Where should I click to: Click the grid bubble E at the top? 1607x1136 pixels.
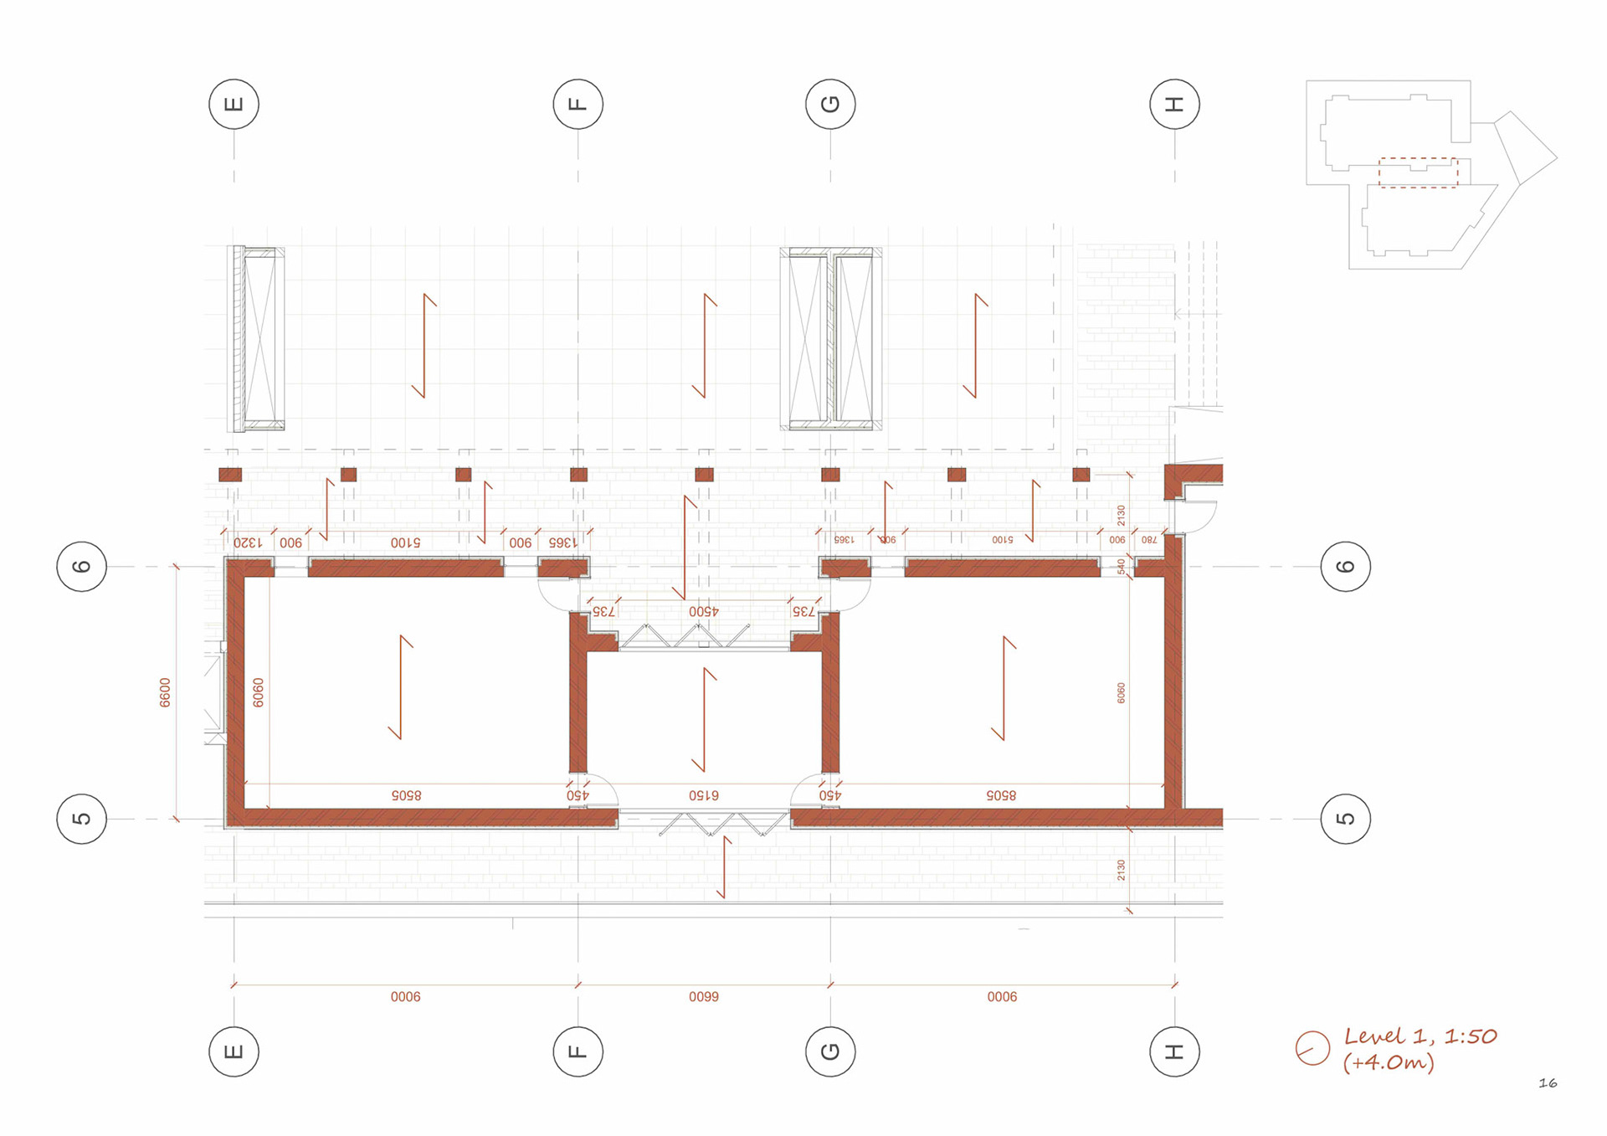point(234,104)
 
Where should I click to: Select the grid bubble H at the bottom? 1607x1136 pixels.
point(1174,1051)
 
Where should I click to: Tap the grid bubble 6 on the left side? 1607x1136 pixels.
point(81,567)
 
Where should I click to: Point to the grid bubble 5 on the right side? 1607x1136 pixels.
point(1345,818)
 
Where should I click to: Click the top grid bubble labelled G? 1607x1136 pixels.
point(830,104)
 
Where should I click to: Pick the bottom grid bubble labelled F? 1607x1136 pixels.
point(578,1051)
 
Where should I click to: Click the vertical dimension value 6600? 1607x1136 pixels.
point(165,692)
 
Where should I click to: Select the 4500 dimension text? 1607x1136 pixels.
point(704,611)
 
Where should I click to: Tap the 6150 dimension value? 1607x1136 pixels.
point(704,794)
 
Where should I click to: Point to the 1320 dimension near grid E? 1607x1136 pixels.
point(248,542)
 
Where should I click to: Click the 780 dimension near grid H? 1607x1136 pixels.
point(1149,540)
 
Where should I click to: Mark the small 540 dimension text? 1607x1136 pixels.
point(1122,567)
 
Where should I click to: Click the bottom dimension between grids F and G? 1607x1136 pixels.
point(704,996)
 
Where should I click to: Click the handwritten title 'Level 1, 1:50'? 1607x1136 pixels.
point(1420,1036)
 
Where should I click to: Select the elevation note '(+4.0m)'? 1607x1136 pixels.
point(1389,1063)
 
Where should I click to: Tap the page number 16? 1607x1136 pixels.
point(1548,1083)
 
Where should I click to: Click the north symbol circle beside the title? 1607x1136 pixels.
point(1312,1048)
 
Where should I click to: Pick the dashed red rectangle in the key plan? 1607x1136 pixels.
point(1418,172)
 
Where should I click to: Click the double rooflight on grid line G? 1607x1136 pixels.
point(831,339)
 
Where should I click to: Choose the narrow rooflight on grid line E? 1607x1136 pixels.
point(257,339)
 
